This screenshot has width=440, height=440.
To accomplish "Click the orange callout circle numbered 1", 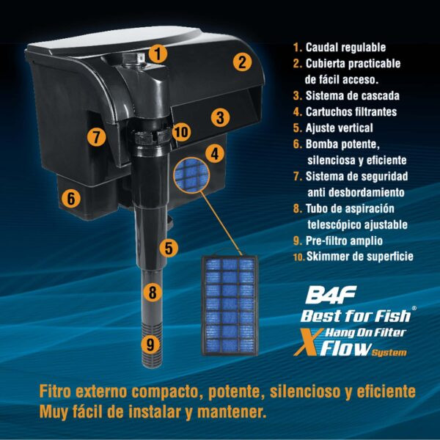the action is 158,54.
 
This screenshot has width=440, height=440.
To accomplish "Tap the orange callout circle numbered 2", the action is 242,62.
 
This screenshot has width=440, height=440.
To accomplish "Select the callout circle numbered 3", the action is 220,117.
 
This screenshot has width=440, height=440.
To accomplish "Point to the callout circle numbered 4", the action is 215,153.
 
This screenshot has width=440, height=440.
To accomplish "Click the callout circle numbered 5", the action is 169,248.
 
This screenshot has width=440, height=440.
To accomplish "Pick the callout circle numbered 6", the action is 71,198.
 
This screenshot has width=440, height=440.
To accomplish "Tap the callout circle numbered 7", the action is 96,137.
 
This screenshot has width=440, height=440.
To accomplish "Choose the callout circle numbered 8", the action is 153,292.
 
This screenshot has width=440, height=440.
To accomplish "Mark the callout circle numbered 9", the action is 150,344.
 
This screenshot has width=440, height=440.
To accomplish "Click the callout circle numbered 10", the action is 182,131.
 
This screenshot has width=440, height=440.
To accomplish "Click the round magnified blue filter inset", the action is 191,175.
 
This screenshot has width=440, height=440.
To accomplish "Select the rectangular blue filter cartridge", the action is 230,306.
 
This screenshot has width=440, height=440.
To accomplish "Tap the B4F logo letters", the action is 331,295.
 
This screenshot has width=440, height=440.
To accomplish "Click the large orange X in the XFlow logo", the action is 308,342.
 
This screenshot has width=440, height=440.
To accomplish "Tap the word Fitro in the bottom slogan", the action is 55,391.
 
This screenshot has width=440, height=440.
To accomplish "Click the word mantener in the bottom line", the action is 232,411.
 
